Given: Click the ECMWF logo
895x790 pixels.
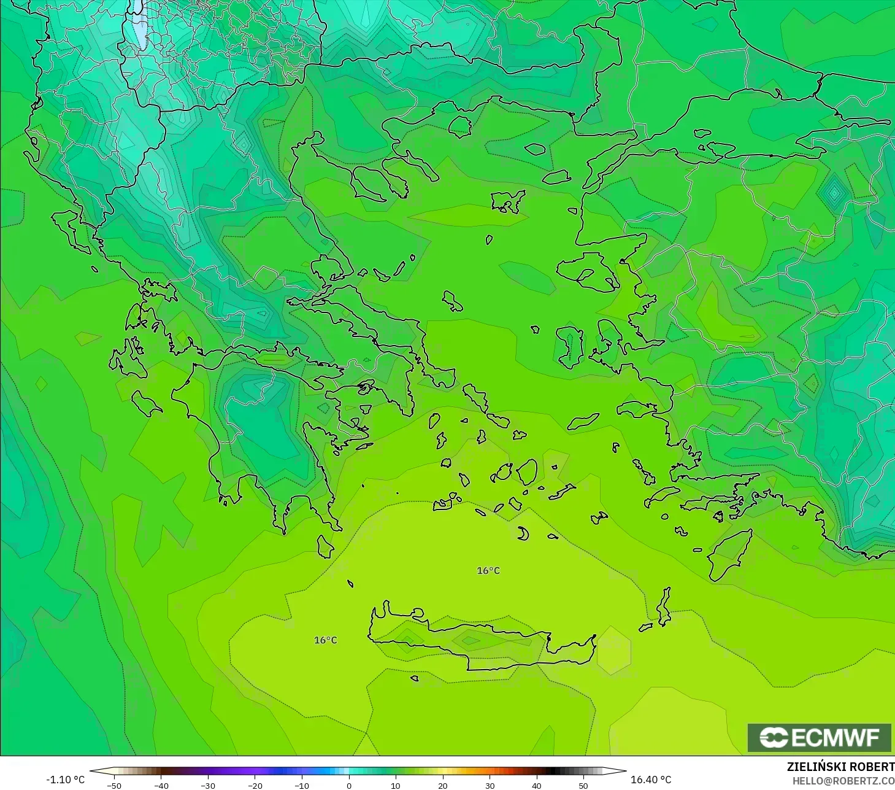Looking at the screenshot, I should (819, 737).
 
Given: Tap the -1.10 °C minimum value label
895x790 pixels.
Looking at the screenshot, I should (65, 780).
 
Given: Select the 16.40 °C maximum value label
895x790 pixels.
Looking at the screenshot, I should (651, 780).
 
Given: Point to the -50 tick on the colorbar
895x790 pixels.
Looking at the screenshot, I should (114, 785).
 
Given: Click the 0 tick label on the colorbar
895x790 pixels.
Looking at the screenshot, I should (348, 785).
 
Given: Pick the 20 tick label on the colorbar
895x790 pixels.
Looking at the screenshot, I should (442, 785).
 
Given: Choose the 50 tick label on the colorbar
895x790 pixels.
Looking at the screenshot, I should (583, 785).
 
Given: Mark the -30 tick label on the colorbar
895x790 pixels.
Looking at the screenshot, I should (208, 785).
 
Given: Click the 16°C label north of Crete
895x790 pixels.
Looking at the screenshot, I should (488, 571).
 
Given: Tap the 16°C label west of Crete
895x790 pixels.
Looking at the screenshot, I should (325, 640).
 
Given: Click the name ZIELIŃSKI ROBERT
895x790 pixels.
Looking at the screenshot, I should (840, 767).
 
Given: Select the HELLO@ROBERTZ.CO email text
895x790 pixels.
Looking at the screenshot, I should (843, 781).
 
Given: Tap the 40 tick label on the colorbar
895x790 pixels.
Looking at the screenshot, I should (536, 785).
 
